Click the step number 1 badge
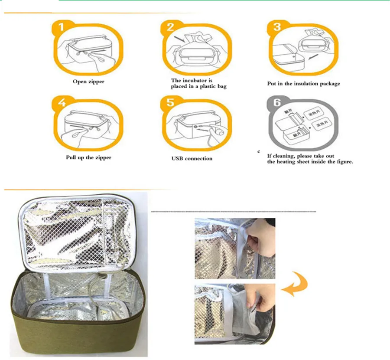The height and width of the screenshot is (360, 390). coord(62,27)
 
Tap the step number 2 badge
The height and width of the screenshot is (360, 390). coord(170,27)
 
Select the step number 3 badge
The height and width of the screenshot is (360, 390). coord(276,27)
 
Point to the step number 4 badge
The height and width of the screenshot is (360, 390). coord(62,104)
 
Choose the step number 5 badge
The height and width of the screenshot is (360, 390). coord(170,104)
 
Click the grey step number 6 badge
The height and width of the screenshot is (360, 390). coord(276,104)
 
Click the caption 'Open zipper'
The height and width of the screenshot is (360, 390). coord(88,82)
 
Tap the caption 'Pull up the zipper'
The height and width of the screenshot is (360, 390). coord(88,157)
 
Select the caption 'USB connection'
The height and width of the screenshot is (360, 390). coord(192,158)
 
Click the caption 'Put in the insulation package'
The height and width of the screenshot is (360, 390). coord(303,83)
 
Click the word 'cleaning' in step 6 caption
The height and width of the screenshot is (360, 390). coord(285,156)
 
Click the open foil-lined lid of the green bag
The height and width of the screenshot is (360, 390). coord(76,234)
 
